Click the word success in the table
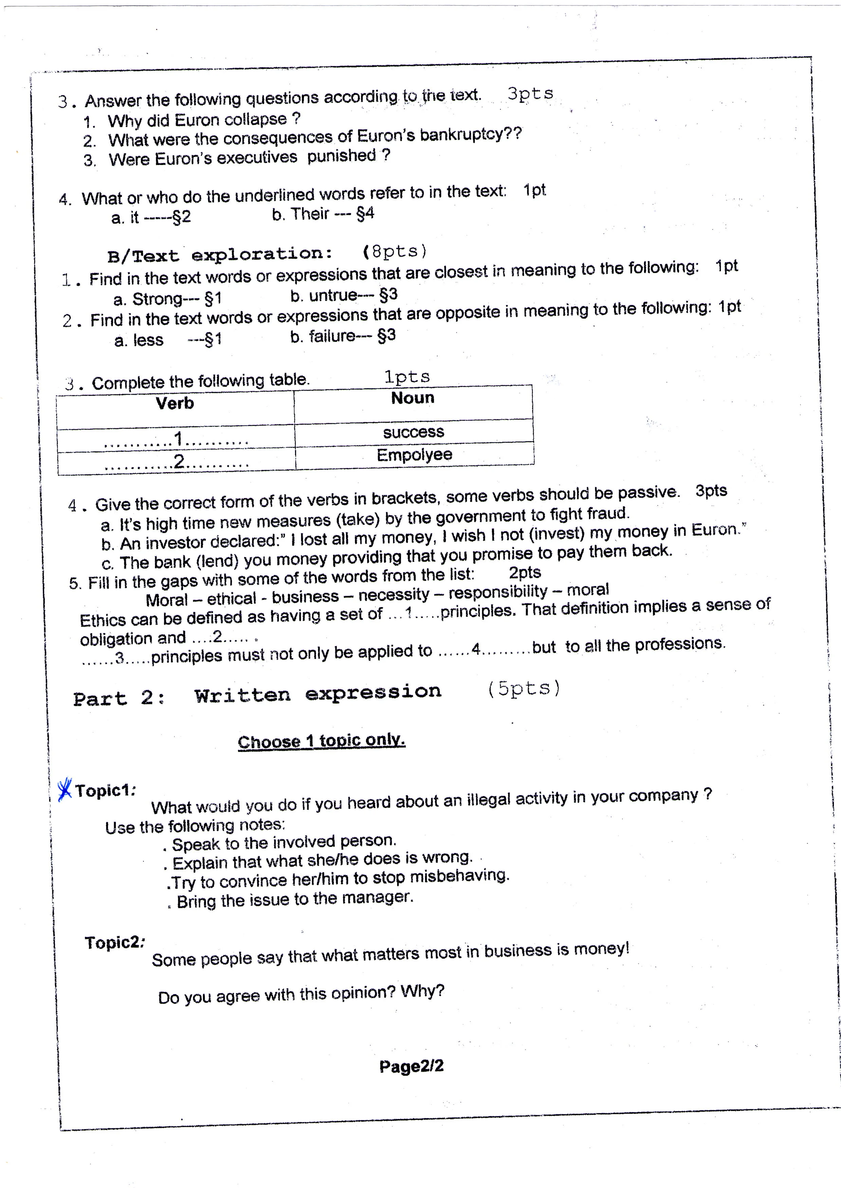(413, 432)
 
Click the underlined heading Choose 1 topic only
(321, 741)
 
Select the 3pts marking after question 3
(530, 94)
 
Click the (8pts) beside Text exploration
(395, 252)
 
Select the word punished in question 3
(341, 156)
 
